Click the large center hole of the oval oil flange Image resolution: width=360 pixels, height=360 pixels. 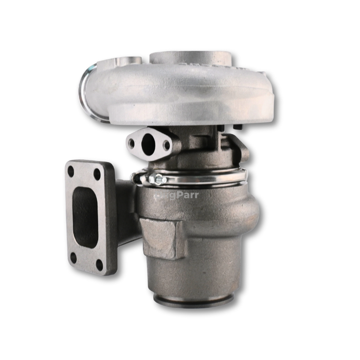(149, 143)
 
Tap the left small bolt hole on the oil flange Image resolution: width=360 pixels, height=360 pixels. (132, 143)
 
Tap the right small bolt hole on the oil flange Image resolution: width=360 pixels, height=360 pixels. (166, 146)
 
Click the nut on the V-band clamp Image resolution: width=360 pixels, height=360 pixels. (158, 179)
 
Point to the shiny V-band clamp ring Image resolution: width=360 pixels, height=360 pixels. (206, 177)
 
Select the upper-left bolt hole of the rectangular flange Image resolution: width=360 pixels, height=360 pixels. (70, 171)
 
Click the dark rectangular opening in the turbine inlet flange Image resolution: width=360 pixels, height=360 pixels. (85, 216)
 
